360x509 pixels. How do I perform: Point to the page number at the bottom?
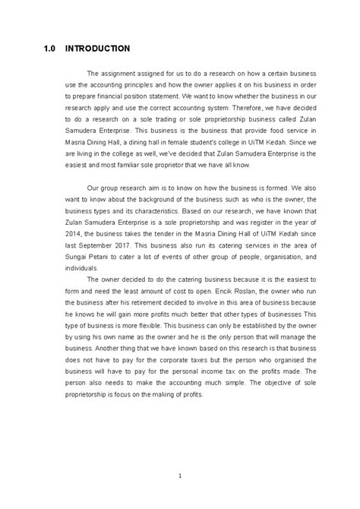click(x=179, y=454)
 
